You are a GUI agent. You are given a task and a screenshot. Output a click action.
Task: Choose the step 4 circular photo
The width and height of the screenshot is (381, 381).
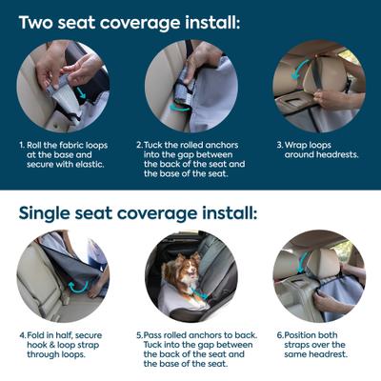pos(63,276)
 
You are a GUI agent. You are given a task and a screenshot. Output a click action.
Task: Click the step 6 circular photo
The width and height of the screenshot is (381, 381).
pos(318,276)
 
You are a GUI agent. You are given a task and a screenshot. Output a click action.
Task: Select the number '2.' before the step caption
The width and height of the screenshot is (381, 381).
pos(139,146)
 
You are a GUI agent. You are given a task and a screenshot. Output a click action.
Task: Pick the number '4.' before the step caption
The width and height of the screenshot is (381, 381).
pos(22,336)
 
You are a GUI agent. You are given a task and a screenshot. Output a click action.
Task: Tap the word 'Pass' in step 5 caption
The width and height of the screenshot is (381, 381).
pos(160,336)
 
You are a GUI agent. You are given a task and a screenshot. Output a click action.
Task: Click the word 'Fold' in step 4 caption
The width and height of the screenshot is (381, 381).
pos(38,336)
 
